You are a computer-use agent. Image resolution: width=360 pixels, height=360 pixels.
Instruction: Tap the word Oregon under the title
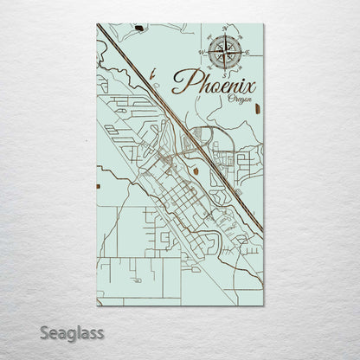(240, 100)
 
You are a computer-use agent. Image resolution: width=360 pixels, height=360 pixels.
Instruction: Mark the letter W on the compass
(201, 51)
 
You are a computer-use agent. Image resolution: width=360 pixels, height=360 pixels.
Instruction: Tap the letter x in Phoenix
(250, 86)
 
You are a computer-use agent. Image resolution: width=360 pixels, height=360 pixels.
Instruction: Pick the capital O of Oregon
(231, 100)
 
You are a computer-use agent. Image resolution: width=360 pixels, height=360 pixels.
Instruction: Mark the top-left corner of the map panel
(97, 24)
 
